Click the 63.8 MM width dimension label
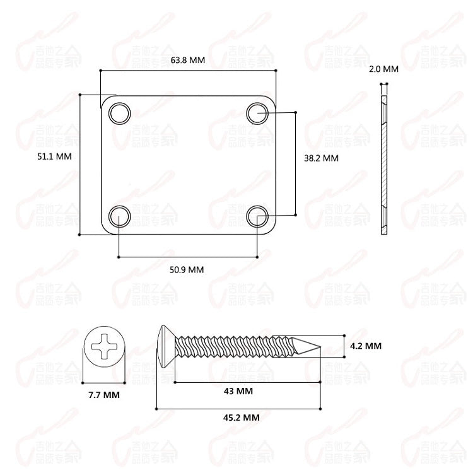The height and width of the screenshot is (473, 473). (188, 61)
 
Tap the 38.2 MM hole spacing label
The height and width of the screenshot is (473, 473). (321, 158)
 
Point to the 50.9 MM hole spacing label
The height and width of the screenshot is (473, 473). (187, 269)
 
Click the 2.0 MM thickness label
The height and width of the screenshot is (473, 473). (384, 69)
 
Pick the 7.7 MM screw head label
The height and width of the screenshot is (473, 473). (104, 395)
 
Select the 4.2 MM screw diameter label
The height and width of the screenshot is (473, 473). (366, 346)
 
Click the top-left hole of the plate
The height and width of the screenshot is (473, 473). (119, 113)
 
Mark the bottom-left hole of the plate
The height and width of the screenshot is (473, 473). (119, 216)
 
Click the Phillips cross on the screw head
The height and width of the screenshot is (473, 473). (104, 347)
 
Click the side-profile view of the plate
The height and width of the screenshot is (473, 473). (383, 164)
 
